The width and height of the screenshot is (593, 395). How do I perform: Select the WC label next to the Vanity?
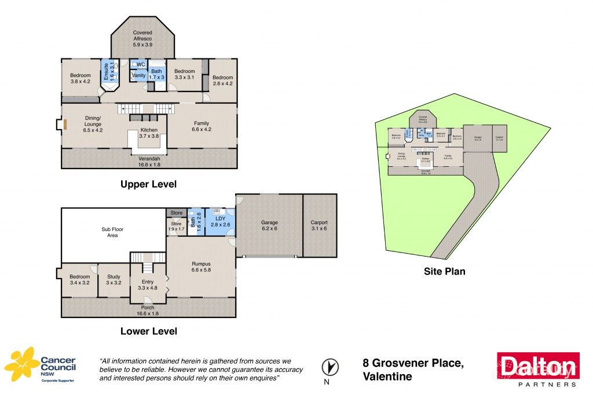click(x=141, y=64)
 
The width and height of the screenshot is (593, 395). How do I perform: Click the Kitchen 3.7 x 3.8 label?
click(x=147, y=133)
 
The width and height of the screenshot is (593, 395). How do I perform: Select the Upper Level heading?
click(x=148, y=185)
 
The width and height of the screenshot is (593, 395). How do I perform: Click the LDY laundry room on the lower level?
click(x=221, y=221)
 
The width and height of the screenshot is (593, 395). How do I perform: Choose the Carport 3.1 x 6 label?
click(x=319, y=225)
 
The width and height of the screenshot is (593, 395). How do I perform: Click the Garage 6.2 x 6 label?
click(x=269, y=225)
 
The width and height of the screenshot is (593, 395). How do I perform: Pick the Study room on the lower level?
click(x=114, y=280)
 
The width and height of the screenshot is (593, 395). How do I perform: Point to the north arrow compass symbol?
click(x=328, y=367)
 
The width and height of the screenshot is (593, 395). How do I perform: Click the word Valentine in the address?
click(x=387, y=377)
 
